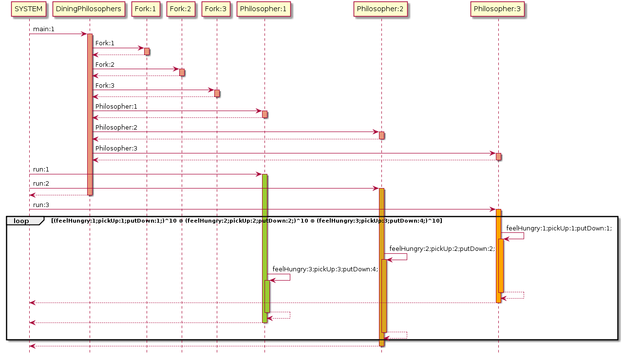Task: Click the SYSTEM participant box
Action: coord(29,9)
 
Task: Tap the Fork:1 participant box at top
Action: coord(147,9)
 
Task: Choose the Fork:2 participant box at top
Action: coord(182,9)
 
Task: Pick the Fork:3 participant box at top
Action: coord(217,9)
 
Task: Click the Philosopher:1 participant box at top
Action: coord(264,9)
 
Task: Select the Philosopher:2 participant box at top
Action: coord(381,9)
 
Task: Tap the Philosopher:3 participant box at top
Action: coord(498,9)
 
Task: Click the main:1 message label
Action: coord(44,29)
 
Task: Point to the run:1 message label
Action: coord(41,170)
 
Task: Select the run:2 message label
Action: coord(41,184)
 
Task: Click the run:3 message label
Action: coord(41,205)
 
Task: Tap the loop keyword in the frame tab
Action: coord(21,221)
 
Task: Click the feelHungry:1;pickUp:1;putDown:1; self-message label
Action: coord(559,228)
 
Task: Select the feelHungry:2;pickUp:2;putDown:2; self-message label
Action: coord(442,249)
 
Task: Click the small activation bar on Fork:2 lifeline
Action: coord(182,72)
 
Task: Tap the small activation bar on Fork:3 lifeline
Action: coord(217,93)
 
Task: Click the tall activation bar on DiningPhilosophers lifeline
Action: coord(90,114)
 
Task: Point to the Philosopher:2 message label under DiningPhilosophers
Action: coord(116,128)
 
